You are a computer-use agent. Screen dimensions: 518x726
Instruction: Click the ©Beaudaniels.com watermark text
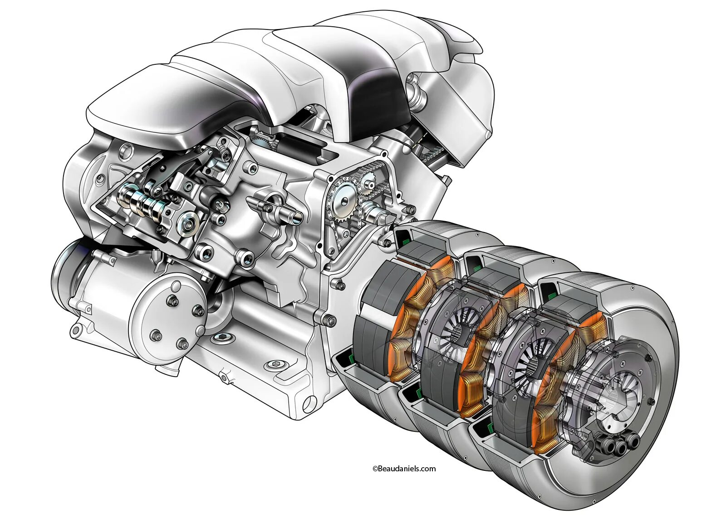404,469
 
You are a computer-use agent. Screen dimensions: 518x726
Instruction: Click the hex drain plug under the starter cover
223,337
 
